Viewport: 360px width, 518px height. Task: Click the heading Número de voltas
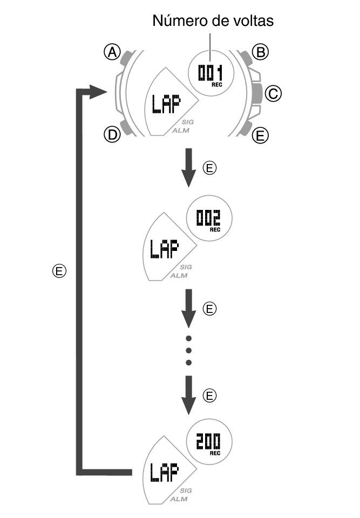(x=213, y=21)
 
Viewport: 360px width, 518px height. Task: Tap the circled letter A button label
(x=112, y=52)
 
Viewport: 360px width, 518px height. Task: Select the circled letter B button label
(x=261, y=52)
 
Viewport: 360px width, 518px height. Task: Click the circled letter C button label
(x=274, y=94)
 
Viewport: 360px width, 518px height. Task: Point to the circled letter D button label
(x=112, y=135)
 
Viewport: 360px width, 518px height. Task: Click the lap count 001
(x=210, y=72)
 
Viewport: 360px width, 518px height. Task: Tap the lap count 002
(x=208, y=217)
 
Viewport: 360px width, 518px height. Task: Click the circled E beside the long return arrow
(x=60, y=271)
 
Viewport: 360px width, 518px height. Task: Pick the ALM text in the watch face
(x=180, y=131)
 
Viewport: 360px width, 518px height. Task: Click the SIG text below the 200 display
(x=186, y=490)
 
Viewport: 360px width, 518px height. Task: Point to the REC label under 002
(x=215, y=229)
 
